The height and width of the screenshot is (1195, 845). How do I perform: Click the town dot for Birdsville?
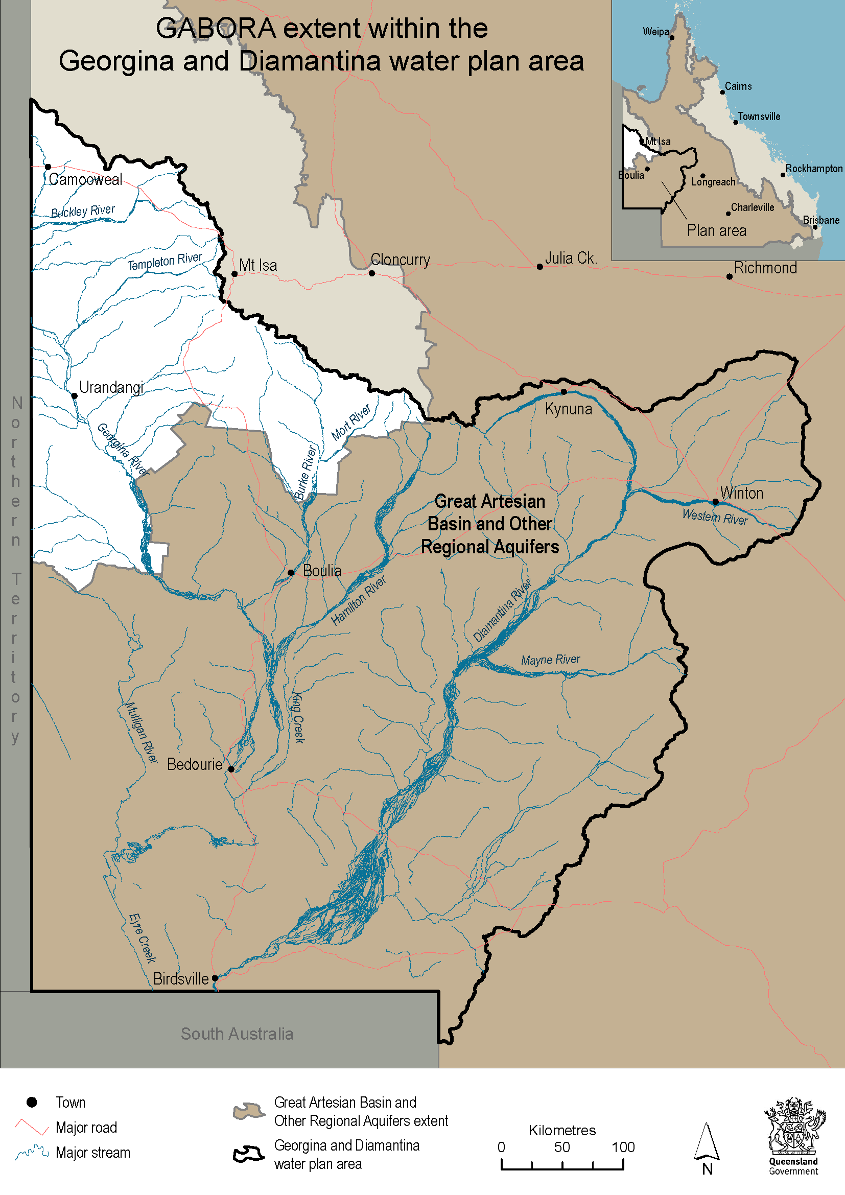[215, 978]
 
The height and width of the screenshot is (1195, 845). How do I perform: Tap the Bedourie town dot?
[231, 769]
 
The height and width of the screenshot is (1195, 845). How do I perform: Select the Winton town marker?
[715, 502]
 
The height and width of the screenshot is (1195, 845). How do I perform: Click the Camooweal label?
[86, 179]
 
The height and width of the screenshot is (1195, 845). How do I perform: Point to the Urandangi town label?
[111, 387]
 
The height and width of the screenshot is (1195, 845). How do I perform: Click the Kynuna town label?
[568, 409]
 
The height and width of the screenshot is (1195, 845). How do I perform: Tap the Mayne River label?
[551, 660]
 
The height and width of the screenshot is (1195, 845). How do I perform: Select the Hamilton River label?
[359, 600]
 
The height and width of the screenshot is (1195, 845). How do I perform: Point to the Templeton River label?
[165, 261]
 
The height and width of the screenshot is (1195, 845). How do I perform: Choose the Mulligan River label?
[142, 733]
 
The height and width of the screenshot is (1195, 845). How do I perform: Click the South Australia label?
[237, 1034]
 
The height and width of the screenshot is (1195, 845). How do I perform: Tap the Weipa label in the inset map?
[655, 32]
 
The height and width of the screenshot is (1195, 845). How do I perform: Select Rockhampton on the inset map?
[813, 169]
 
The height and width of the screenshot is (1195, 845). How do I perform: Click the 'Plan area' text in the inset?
[716, 230]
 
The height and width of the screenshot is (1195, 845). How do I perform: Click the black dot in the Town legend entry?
[32, 1102]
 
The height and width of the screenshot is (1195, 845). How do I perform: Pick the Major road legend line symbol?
[32, 1127]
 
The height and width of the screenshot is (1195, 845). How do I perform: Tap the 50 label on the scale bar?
[562, 1147]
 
